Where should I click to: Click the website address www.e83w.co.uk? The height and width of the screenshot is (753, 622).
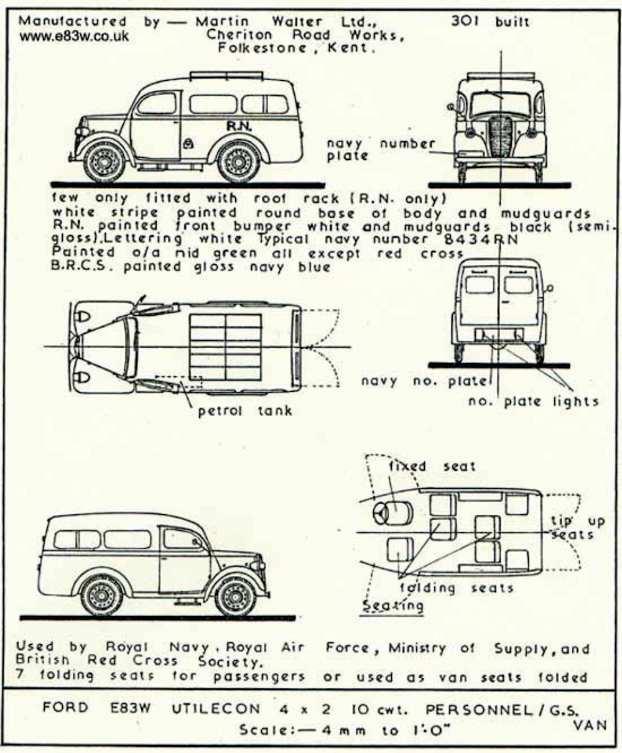point(74,37)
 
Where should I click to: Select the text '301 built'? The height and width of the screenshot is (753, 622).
point(490,22)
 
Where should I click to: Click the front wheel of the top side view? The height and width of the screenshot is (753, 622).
point(103,162)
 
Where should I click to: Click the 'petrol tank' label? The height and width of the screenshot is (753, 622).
point(244,410)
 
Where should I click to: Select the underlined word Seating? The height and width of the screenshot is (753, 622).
point(393,605)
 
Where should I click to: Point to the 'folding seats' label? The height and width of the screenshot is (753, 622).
point(456,588)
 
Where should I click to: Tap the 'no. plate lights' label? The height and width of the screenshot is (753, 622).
point(533,402)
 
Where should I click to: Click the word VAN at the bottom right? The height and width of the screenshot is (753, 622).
point(587,725)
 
